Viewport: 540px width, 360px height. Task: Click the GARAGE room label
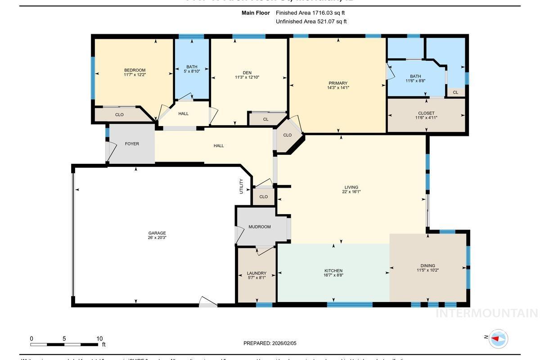pos(157,233)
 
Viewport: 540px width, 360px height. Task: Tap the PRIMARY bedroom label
pos(338,83)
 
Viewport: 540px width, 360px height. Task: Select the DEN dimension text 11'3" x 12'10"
pos(247,77)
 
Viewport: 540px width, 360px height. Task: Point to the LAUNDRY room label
pos(256,273)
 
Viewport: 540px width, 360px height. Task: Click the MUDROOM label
pos(260,227)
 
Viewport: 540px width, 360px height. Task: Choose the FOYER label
pos(132,144)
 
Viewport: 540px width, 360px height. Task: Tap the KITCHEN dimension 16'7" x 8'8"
pos(333,275)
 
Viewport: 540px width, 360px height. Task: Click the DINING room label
pos(428,265)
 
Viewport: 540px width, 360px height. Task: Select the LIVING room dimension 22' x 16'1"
pos(351,192)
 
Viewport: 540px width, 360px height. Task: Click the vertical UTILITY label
pos(241,186)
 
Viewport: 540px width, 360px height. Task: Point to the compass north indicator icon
pos(498,338)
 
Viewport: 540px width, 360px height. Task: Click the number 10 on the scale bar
pos(99,339)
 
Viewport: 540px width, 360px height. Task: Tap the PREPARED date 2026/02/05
pos(284,343)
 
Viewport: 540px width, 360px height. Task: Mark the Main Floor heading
pos(256,13)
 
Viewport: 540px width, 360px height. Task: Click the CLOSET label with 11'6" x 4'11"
pos(426,113)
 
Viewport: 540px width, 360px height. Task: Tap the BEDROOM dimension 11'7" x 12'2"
pos(135,75)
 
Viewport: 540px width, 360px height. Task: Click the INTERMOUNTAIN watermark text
pos(486,313)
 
